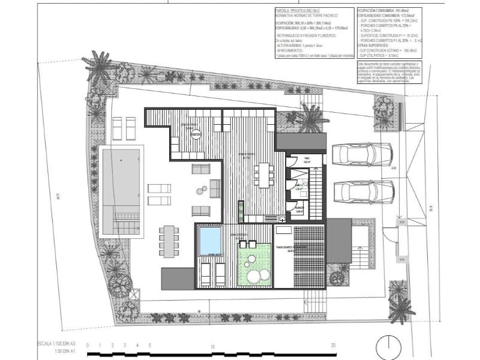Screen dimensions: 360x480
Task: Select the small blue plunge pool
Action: [x=210, y=240]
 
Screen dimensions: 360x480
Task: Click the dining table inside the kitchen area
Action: [x=263, y=175]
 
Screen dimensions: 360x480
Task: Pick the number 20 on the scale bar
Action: [x=333, y=346]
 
